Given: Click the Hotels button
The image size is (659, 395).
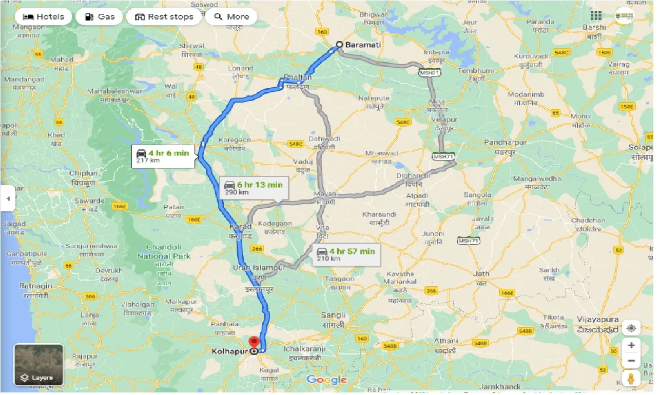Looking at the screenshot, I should pyautogui.click(x=43, y=16).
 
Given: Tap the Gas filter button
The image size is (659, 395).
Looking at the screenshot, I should pyautogui.click(x=99, y=16).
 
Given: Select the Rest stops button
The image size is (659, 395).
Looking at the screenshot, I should pyautogui.click(x=164, y=16).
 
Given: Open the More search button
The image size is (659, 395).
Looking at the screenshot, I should pyautogui.click(x=231, y=16).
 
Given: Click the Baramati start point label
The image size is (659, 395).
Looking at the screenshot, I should pyautogui.click(x=363, y=45).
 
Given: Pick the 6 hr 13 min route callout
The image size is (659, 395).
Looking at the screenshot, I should pyautogui.click(x=253, y=188).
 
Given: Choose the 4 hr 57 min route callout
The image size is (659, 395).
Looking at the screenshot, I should pyautogui.click(x=345, y=254).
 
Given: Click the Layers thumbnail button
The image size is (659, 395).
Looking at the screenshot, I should pyautogui.click(x=38, y=364).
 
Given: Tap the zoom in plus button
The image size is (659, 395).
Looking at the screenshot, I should pyautogui.click(x=631, y=345).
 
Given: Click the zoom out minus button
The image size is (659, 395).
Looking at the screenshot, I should pyautogui.click(x=631, y=361).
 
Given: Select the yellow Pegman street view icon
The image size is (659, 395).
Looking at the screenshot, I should pyautogui.click(x=631, y=379).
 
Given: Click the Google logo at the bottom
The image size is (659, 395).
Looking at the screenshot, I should pyautogui.click(x=326, y=380).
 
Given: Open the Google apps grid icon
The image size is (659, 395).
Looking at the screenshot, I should pyautogui.click(x=596, y=15).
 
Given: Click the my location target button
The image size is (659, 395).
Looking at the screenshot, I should pyautogui.click(x=631, y=328).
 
